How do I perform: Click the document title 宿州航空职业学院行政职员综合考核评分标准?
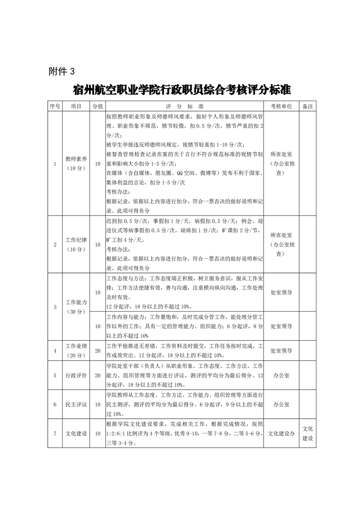[182, 90]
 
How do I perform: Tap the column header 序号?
[54, 106]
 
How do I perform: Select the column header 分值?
[97, 106]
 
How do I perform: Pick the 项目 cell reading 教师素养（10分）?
[76, 164]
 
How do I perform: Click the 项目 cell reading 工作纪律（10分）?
[76, 245]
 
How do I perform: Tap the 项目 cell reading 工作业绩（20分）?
[76, 351]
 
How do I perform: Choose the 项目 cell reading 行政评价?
[76, 375]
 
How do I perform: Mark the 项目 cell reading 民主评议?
[76, 404]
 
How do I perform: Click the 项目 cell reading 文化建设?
[76, 433]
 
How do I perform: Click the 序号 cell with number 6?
[54, 404]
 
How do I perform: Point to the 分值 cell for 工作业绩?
[97, 351]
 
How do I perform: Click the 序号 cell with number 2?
[54, 245]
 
